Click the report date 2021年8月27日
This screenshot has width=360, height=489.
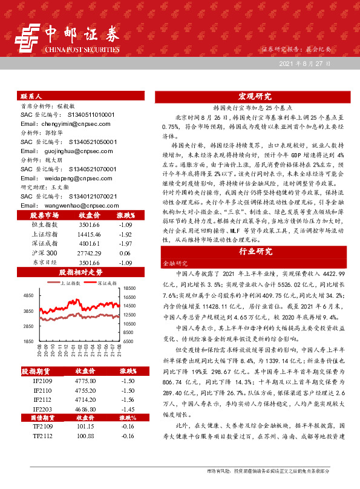pos(305,63)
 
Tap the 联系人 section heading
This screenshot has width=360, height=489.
pos(31,96)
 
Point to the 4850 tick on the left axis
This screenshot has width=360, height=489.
pos(28,295)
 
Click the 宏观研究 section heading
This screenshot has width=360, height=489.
pos(254,96)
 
